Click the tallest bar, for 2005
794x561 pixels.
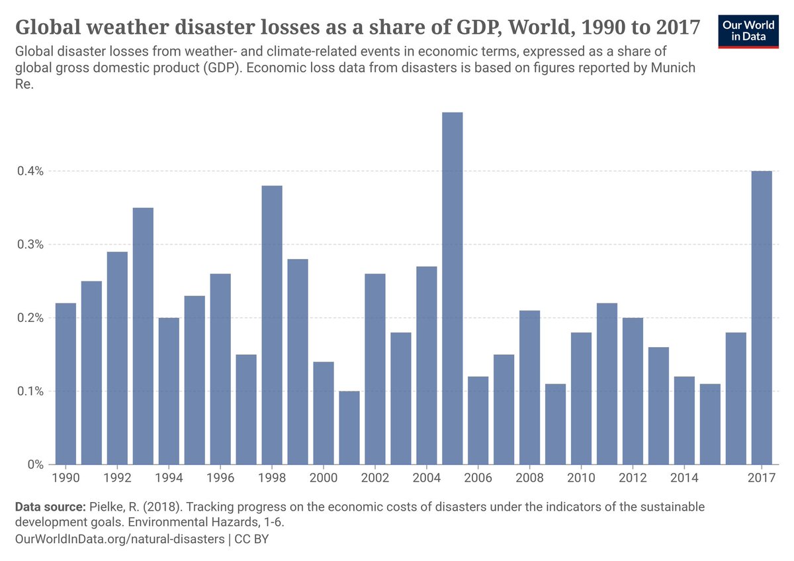[453, 288]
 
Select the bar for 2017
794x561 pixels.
[762, 318]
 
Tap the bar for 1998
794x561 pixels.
[272, 325]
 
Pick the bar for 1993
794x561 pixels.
[143, 336]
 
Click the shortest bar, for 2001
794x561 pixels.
[349, 427]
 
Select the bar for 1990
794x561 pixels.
[66, 383]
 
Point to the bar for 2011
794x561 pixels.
[607, 383]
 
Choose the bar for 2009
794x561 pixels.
[555, 424]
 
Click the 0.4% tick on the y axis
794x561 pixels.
[30, 171]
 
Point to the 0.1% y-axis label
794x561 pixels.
[30, 391]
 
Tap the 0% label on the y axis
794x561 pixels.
[34, 464]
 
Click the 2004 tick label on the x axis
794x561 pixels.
[427, 478]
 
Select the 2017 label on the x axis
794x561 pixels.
[762, 478]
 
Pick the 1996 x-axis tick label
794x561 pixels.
[220, 478]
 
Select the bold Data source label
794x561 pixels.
[50, 507]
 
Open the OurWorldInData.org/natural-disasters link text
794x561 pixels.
[119, 539]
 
